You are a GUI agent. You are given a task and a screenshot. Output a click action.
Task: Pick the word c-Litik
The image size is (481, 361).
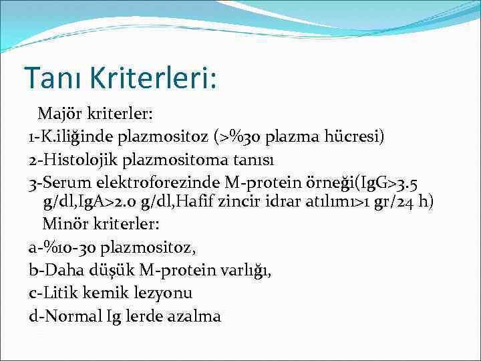(x=55, y=293)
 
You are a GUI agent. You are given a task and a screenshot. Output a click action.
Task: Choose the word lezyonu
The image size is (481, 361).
(x=164, y=293)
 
